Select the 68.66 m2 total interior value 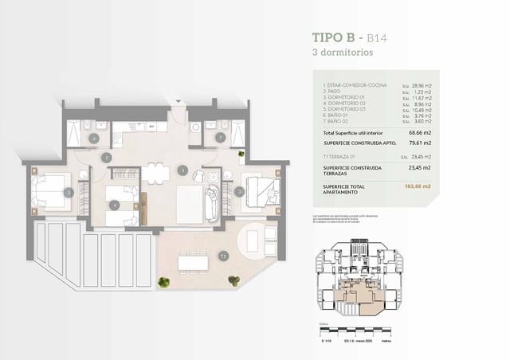click(x=419, y=132)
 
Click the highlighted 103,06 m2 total click(x=418, y=186)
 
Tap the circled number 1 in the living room click(x=182, y=169)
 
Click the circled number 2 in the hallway click(x=106, y=158)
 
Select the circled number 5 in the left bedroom click(x=69, y=192)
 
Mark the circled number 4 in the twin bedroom click(x=115, y=205)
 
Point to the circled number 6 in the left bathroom click(x=94, y=138)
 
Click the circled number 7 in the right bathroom click(x=220, y=138)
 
